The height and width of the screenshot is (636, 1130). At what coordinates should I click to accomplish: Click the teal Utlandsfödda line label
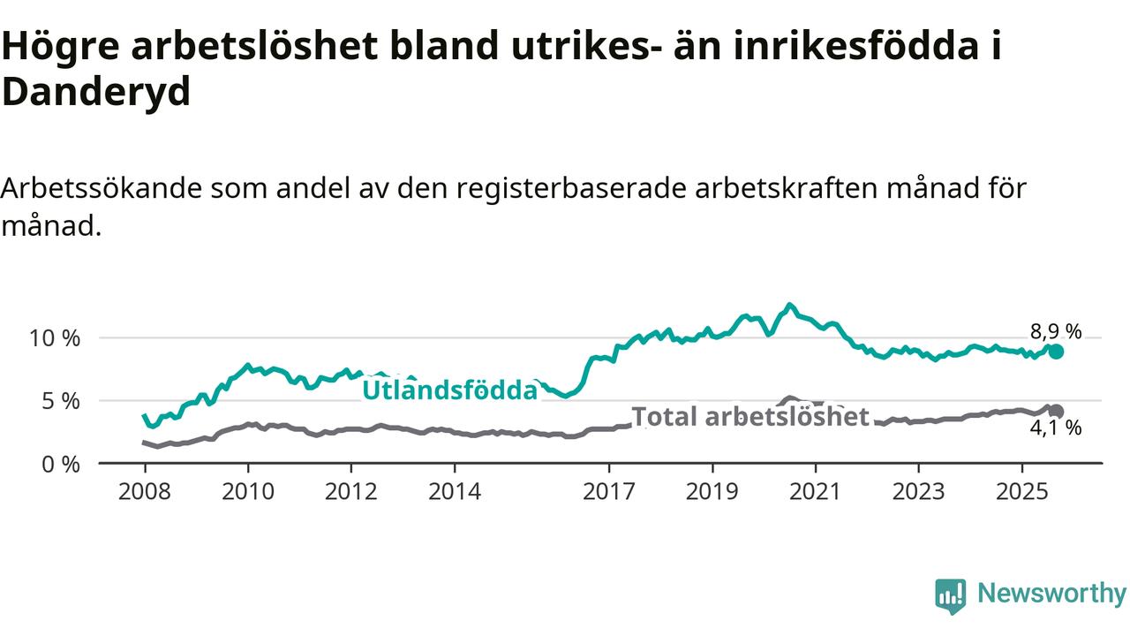[x=450, y=390]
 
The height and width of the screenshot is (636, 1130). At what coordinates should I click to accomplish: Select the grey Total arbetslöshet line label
[x=750, y=416]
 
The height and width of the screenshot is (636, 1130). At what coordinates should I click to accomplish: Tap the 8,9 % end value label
[x=1056, y=332]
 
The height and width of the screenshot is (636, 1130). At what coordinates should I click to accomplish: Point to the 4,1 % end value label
[x=1056, y=428]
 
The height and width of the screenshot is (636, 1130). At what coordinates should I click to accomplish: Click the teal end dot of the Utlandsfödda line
[x=1056, y=352]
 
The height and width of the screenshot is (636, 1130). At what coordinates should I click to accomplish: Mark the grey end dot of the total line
[x=1056, y=411]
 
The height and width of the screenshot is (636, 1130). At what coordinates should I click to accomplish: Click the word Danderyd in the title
[x=95, y=91]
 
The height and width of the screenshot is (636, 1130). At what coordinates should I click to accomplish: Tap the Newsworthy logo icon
[x=951, y=596]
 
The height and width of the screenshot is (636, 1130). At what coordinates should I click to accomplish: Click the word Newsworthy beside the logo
[x=1051, y=594]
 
